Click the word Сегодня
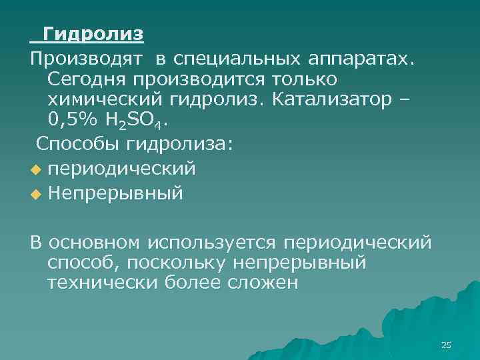click(x=86, y=78)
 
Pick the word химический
click(x=97, y=99)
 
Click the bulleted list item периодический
click(x=121, y=169)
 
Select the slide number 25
click(x=446, y=345)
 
